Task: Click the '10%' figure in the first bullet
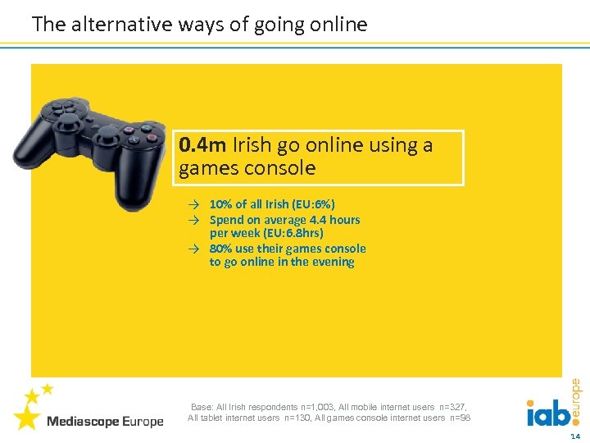tap(220, 204)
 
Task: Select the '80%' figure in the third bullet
tap(220, 249)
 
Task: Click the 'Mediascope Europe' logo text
tap(105, 422)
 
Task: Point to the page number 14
tap(574, 436)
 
